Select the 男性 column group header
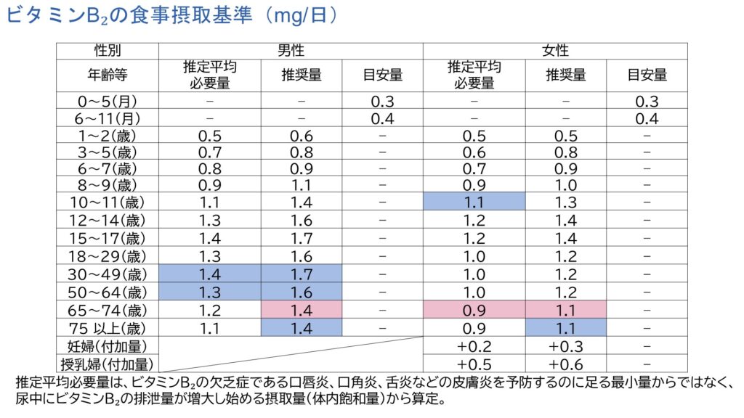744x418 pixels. tap(290, 51)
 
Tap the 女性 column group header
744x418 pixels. tap(555, 51)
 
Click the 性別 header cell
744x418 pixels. tap(108, 51)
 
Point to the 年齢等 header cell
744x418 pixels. tap(108, 75)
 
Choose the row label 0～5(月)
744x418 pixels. tap(108, 102)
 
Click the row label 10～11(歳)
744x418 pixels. tap(108, 202)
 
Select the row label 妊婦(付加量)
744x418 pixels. tap(108, 346)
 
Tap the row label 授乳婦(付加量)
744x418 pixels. tap(108, 363)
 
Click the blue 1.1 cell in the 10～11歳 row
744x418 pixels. tap(474, 202)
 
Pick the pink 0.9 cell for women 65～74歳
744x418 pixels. tap(474, 311)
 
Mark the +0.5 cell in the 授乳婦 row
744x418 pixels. tap(474, 363)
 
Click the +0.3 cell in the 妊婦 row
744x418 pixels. tap(565, 346)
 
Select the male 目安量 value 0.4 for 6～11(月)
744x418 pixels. tap(382, 118)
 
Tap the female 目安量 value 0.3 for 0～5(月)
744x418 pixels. tap(647, 102)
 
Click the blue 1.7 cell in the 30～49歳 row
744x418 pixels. tap(301, 274)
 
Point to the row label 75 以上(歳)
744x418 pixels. tap(108, 328)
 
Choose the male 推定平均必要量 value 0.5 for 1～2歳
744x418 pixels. tap(209, 136)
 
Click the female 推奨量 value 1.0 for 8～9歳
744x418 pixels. tap(565, 185)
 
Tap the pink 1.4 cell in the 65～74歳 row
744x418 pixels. tap(301, 311)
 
